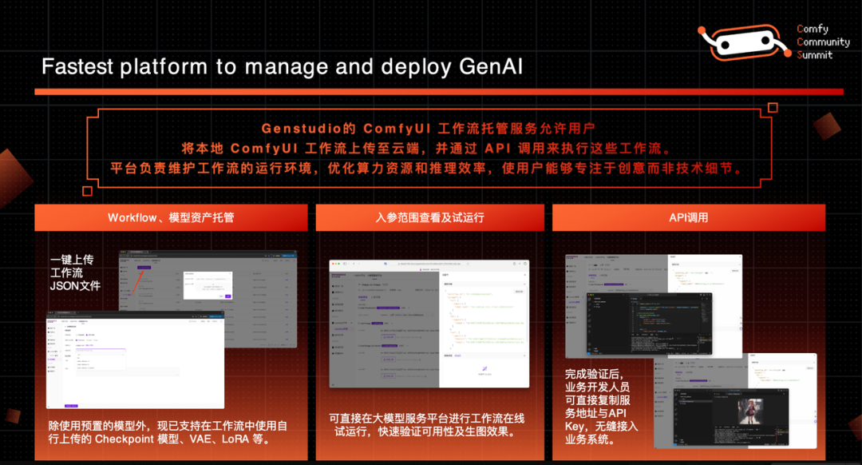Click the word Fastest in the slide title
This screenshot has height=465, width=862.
pyautogui.click(x=77, y=66)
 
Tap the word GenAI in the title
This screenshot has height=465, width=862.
pyautogui.click(x=491, y=66)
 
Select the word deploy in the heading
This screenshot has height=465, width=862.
pyautogui.click(x=416, y=66)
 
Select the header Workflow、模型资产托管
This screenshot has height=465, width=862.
pyautogui.click(x=171, y=217)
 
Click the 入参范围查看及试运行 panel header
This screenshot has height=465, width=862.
pyautogui.click(x=429, y=217)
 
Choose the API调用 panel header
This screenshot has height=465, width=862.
pyautogui.click(x=688, y=217)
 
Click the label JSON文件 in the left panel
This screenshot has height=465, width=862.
pyautogui.click(x=75, y=285)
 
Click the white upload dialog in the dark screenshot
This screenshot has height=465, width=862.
pyautogui.click(x=208, y=284)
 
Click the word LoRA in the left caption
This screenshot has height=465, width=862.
pyautogui.click(x=238, y=439)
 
